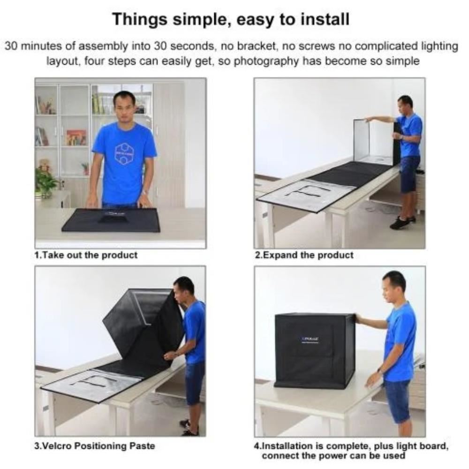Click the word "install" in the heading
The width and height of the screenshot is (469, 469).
(325, 19)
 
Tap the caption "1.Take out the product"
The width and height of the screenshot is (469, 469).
(86, 255)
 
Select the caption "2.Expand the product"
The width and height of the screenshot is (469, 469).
(304, 255)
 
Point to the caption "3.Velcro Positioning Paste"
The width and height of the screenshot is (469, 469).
(95, 446)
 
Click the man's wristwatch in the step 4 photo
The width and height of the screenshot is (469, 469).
(380, 371)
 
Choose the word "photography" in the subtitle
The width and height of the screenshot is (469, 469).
(266, 61)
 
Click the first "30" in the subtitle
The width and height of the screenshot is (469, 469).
(12, 46)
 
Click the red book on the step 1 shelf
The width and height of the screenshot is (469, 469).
(76, 138)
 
